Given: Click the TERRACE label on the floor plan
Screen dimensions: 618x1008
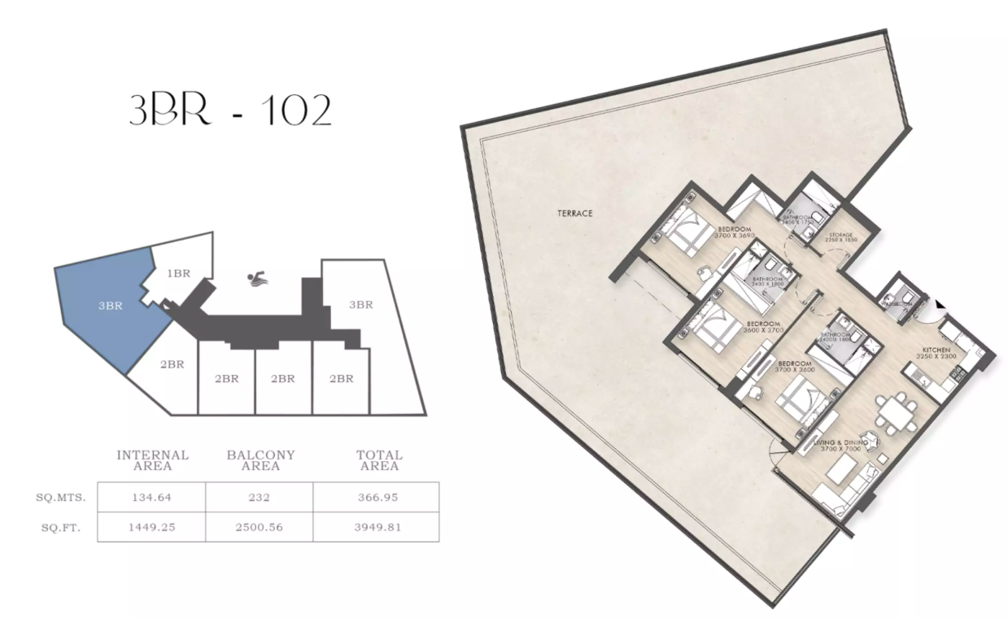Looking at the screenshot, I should tap(574, 213).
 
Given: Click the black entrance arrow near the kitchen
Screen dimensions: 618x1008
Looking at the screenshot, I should tap(940, 304).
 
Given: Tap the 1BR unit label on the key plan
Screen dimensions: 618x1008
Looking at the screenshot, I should tap(179, 274).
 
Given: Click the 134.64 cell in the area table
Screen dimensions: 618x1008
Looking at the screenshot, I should tap(151, 496).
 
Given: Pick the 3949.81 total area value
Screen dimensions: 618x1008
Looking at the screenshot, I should tap(379, 527).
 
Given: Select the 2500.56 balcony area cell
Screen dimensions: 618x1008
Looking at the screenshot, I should tap(260, 527).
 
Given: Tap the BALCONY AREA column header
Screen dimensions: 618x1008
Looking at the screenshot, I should tap(260, 460).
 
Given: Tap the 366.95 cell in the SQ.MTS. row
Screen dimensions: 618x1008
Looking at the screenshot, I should tap(379, 496).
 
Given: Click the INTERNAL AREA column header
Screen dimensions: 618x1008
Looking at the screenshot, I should tap(153, 460).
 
